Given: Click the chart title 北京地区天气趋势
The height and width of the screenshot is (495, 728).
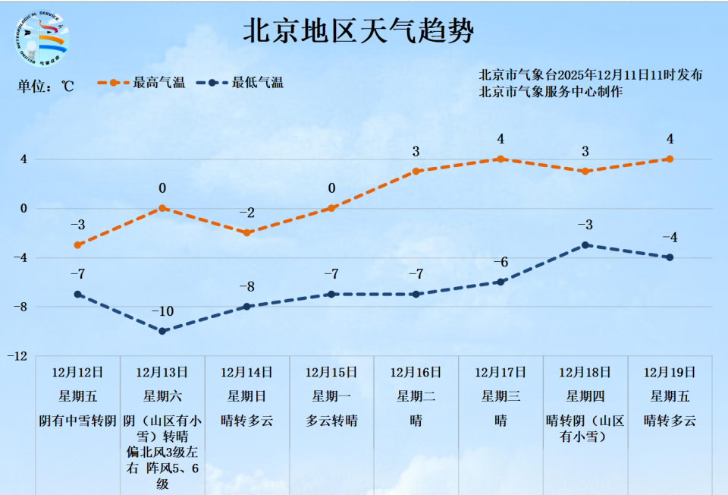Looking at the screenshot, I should point(358,31).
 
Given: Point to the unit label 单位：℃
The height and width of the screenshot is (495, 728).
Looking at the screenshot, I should point(46,86).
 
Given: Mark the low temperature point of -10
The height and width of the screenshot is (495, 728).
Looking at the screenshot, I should point(162,331).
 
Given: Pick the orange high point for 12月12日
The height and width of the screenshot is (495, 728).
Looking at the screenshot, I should point(77,245).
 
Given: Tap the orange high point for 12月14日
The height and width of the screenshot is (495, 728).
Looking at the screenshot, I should point(247,232).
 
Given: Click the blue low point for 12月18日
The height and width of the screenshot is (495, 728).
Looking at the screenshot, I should point(585,245).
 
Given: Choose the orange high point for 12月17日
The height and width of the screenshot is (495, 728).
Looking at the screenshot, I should point(500,159).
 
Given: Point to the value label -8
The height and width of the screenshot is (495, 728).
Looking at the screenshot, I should point(247,287).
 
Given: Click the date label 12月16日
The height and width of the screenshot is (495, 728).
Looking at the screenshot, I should point(416,372).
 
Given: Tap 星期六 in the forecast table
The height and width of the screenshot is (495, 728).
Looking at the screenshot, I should point(162,396).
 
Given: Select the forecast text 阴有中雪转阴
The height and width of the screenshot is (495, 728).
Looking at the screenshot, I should point(77,421).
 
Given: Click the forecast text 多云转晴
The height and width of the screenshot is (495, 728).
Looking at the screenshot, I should point(331,421).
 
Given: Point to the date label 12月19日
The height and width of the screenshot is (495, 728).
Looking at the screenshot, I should point(670,372).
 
